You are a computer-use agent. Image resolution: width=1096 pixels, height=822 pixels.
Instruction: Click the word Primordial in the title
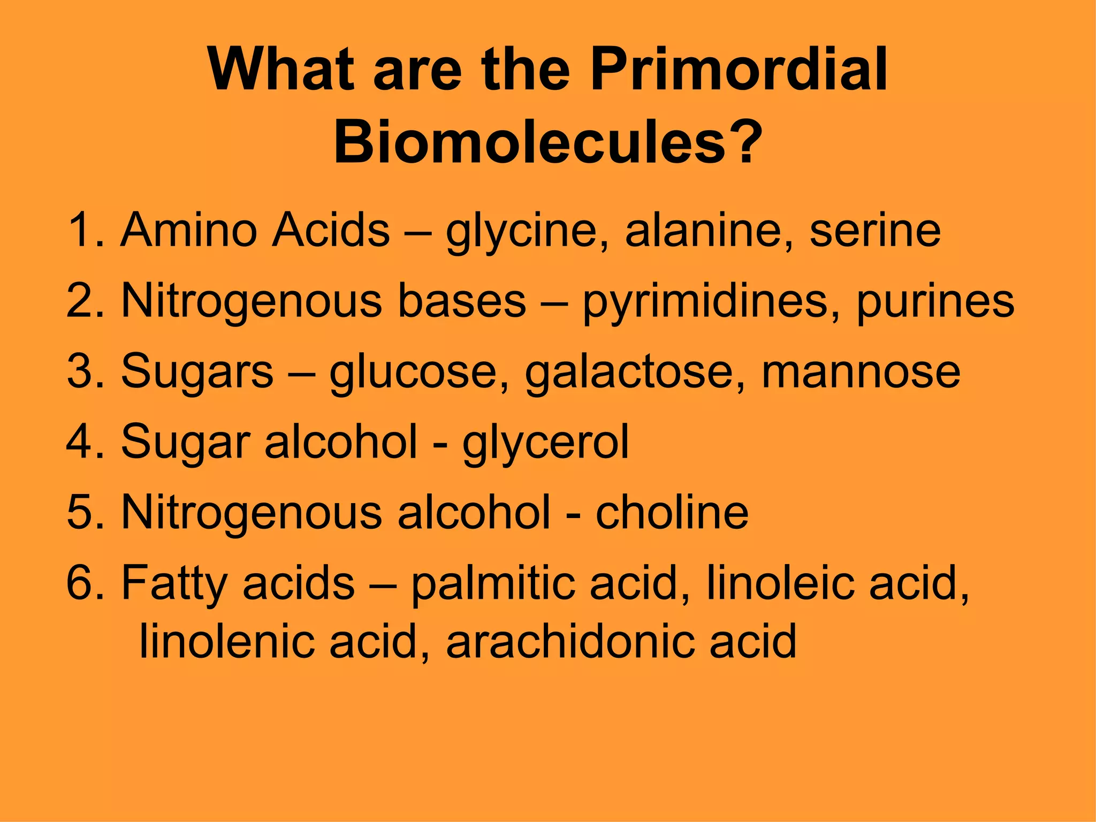[x=739, y=70]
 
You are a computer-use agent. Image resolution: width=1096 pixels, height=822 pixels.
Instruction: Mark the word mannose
[x=861, y=372]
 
